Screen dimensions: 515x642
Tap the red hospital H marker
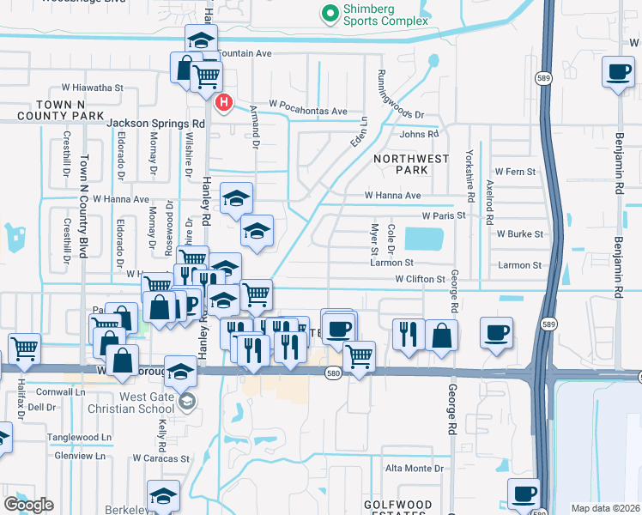point(224,103)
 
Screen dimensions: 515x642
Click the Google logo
point(28,505)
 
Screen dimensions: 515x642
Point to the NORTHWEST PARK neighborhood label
point(411,164)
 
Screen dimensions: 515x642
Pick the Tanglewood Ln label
point(81,437)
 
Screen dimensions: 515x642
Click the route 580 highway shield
point(336,373)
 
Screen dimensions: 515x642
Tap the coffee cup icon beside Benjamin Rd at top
point(617,74)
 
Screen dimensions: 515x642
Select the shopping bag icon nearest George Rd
point(441,336)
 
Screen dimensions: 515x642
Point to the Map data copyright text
point(606,508)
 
